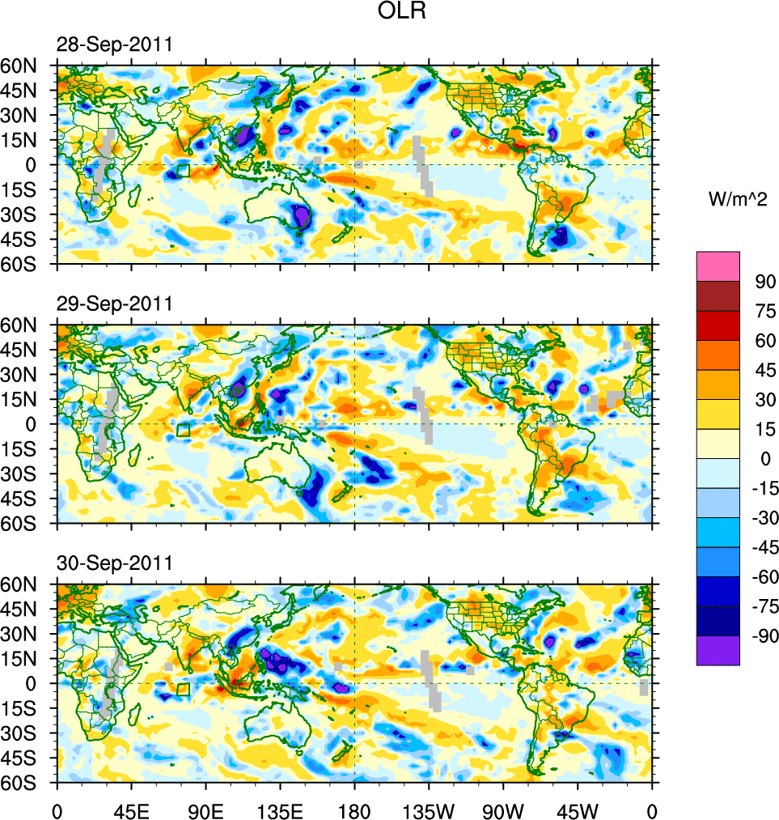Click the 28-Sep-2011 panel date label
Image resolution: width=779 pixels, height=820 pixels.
114,45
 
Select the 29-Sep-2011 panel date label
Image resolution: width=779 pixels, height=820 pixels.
114,304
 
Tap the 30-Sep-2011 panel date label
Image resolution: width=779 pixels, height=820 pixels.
114,563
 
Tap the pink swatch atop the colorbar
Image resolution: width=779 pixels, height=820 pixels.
718,266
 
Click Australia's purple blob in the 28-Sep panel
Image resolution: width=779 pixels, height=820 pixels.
301,216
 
